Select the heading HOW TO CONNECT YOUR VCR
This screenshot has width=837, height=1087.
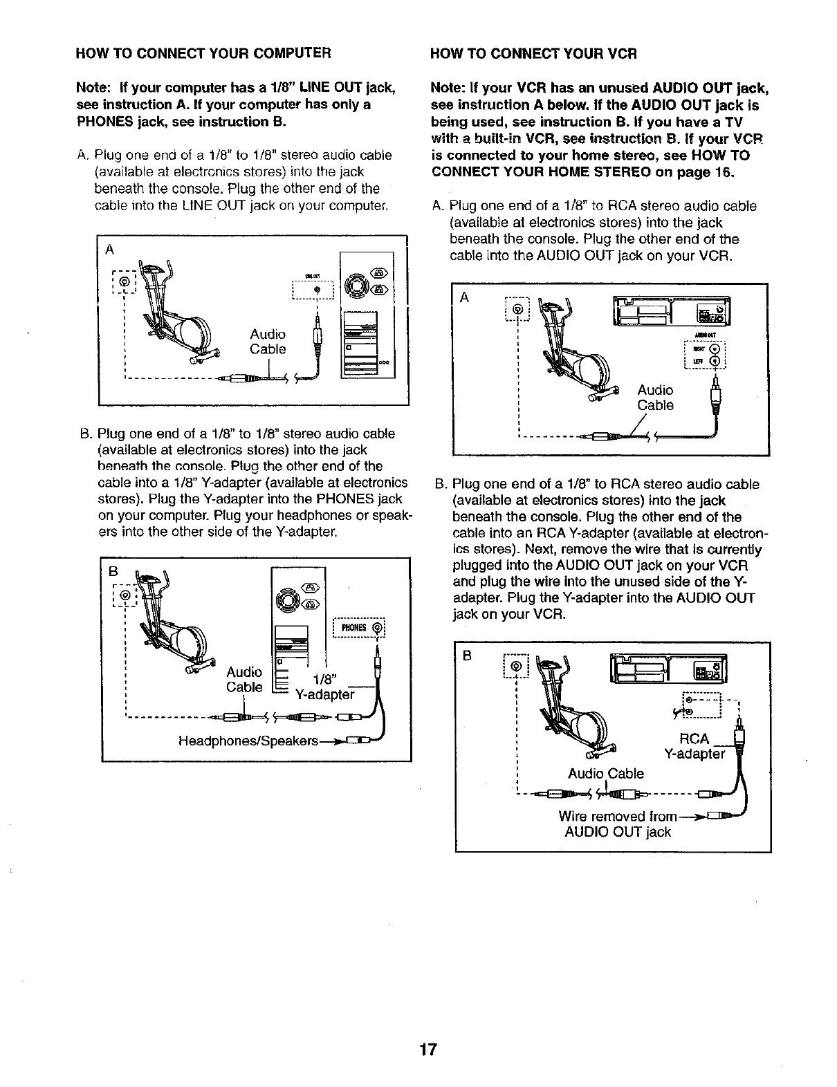click(x=533, y=53)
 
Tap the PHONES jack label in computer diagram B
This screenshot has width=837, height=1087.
click(x=355, y=628)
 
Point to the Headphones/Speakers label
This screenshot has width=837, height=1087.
click(x=248, y=741)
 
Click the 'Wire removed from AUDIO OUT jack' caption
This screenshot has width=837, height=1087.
click(x=618, y=824)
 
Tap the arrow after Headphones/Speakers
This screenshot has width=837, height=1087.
click(x=335, y=741)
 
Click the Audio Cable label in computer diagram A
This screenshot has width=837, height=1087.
click(x=268, y=342)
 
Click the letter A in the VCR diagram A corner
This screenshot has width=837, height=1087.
click(x=464, y=297)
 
